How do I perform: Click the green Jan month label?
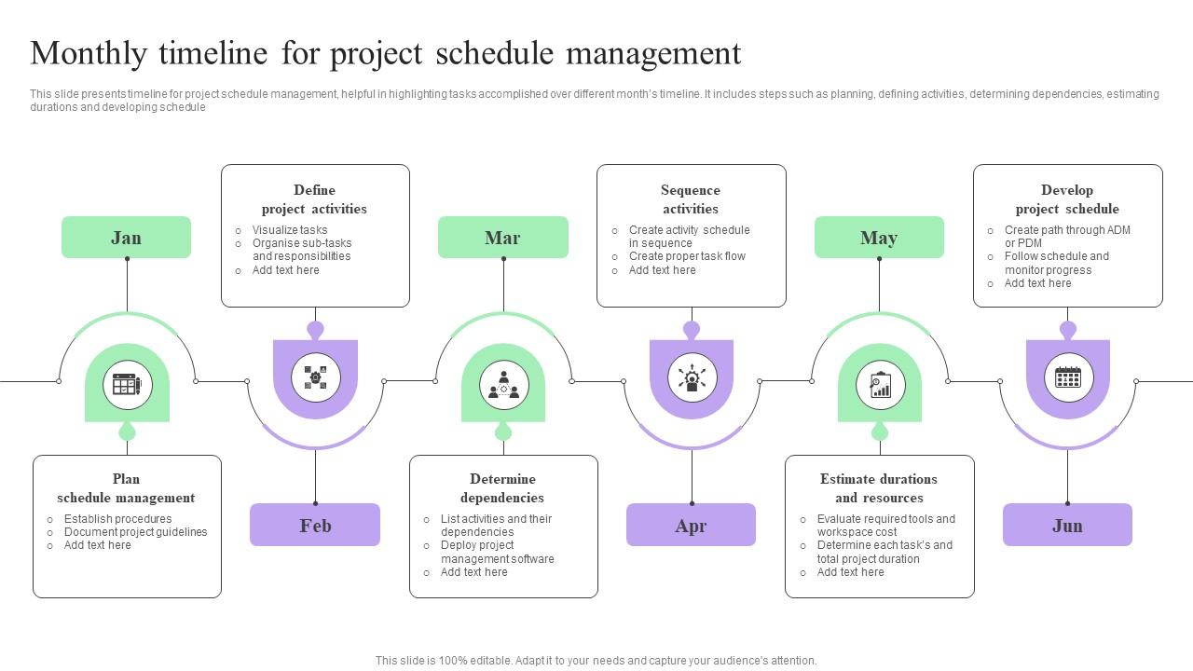tap(126, 238)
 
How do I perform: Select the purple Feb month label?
tap(315, 526)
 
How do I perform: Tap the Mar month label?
tap(502, 238)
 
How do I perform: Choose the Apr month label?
tap(691, 526)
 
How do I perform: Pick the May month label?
tap(879, 238)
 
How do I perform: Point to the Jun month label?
tap(1067, 526)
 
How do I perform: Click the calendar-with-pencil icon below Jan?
tap(127, 384)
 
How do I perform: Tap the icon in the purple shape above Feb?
tap(315, 377)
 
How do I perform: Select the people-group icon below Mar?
tap(503, 384)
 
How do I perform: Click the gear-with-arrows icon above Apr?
tap(692, 377)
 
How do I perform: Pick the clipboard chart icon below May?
tap(880, 384)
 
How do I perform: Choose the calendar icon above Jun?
tap(1068, 377)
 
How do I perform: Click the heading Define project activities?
tap(314, 199)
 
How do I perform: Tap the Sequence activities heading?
tap(691, 199)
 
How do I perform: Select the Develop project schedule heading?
tap(1067, 199)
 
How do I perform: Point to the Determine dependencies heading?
tap(502, 488)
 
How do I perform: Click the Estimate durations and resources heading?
tap(879, 488)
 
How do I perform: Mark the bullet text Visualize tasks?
tap(290, 230)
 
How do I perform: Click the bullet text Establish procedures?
tap(117, 519)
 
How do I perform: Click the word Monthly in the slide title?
tap(89, 54)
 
